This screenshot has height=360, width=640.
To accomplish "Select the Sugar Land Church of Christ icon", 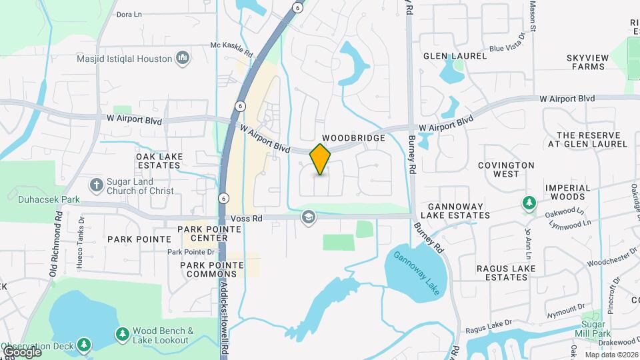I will (x=97, y=185).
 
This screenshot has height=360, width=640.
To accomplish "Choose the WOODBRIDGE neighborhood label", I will (x=353, y=138).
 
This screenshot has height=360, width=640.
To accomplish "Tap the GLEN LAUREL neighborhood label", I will (x=455, y=56).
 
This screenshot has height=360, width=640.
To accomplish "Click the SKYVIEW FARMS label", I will (x=587, y=63).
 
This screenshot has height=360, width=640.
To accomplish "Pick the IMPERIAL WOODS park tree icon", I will (x=529, y=203).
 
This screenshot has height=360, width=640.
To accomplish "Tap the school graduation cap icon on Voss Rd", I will (x=308, y=217).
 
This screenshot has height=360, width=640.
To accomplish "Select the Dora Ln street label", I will (x=129, y=14).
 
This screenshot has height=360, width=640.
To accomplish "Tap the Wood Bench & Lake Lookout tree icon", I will (x=122, y=334).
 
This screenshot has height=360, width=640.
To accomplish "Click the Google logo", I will (x=22, y=351).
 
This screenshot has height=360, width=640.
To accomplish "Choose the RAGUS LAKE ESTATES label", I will (x=502, y=273).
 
